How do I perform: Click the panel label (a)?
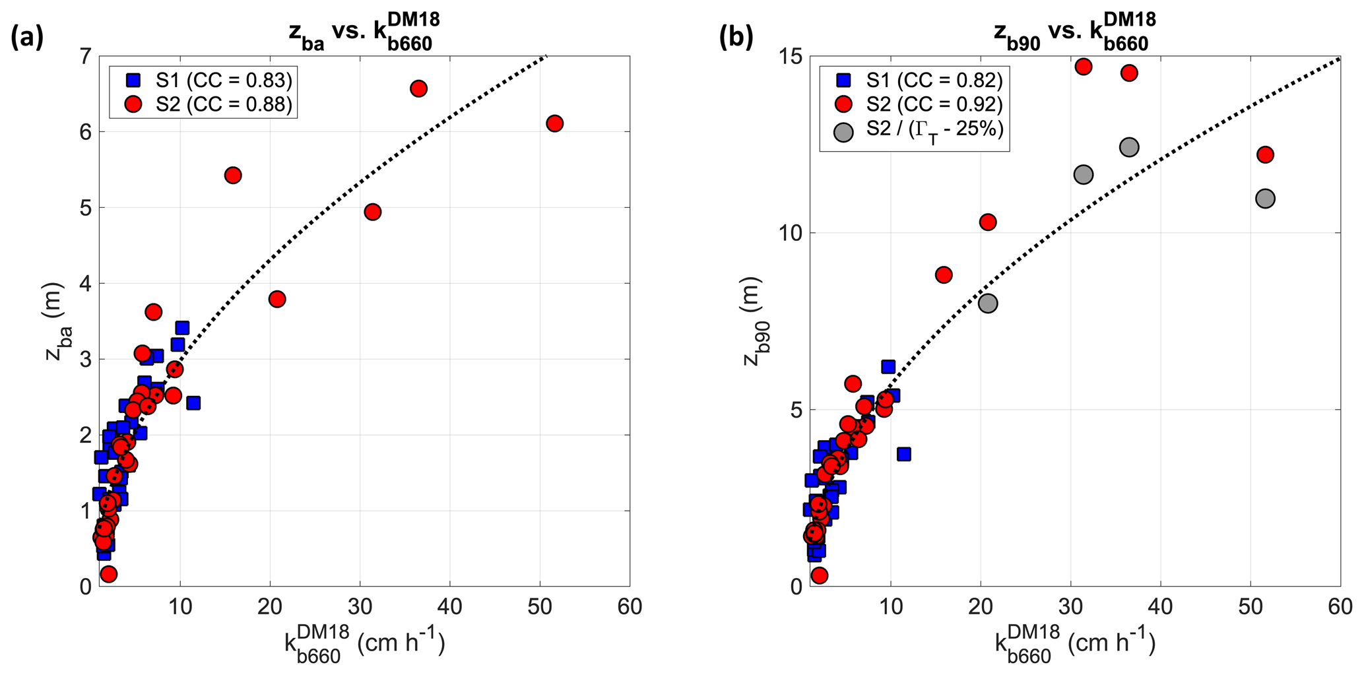pyautogui.click(x=27, y=38)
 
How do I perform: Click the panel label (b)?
pyautogui.click(x=736, y=38)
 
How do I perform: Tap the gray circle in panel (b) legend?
pyautogui.click(x=843, y=131)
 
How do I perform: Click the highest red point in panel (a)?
pyautogui.click(x=418, y=88)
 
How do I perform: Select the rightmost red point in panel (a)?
pyautogui.click(x=555, y=123)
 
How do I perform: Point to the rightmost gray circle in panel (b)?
pyautogui.click(x=1265, y=199)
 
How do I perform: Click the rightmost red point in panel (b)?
pyautogui.click(x=1265, y=155)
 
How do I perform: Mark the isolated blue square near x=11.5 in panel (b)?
pyautogui.click(x=904, y=454)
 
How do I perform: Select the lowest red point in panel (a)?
pyautogui.click(x=109, y=574)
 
